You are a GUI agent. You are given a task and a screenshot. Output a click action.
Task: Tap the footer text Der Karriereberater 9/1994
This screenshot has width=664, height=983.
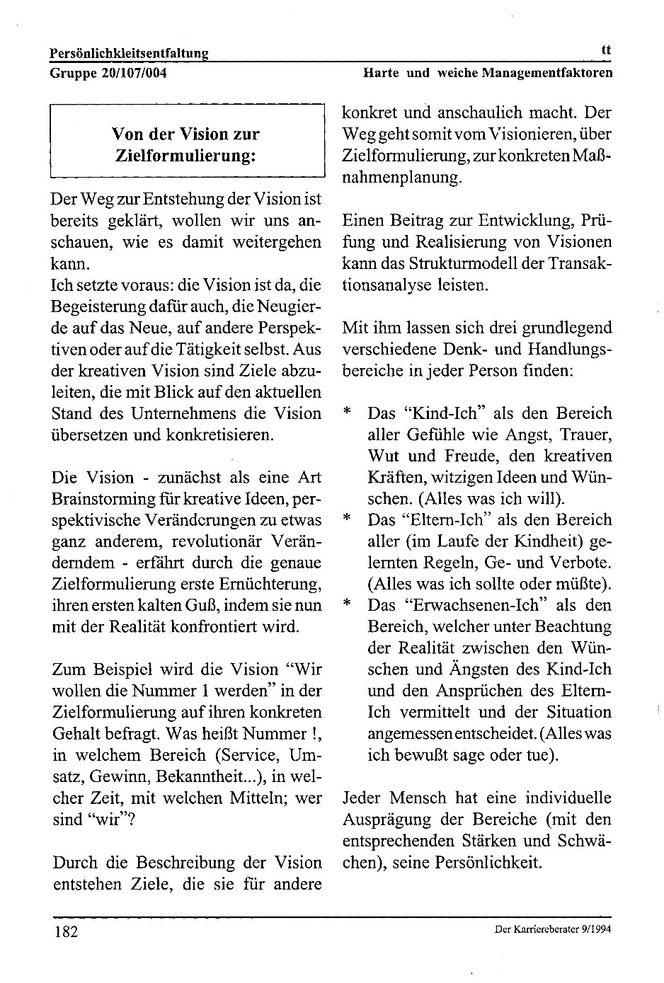(x=553, y=930)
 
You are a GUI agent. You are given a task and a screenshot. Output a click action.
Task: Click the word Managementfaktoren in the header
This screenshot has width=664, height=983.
(x=547, y=72)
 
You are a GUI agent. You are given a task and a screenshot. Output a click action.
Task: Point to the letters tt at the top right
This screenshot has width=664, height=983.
(x=605, y=50)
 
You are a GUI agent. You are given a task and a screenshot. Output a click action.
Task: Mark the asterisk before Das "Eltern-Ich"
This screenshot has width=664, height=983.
(x=347, y=519)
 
